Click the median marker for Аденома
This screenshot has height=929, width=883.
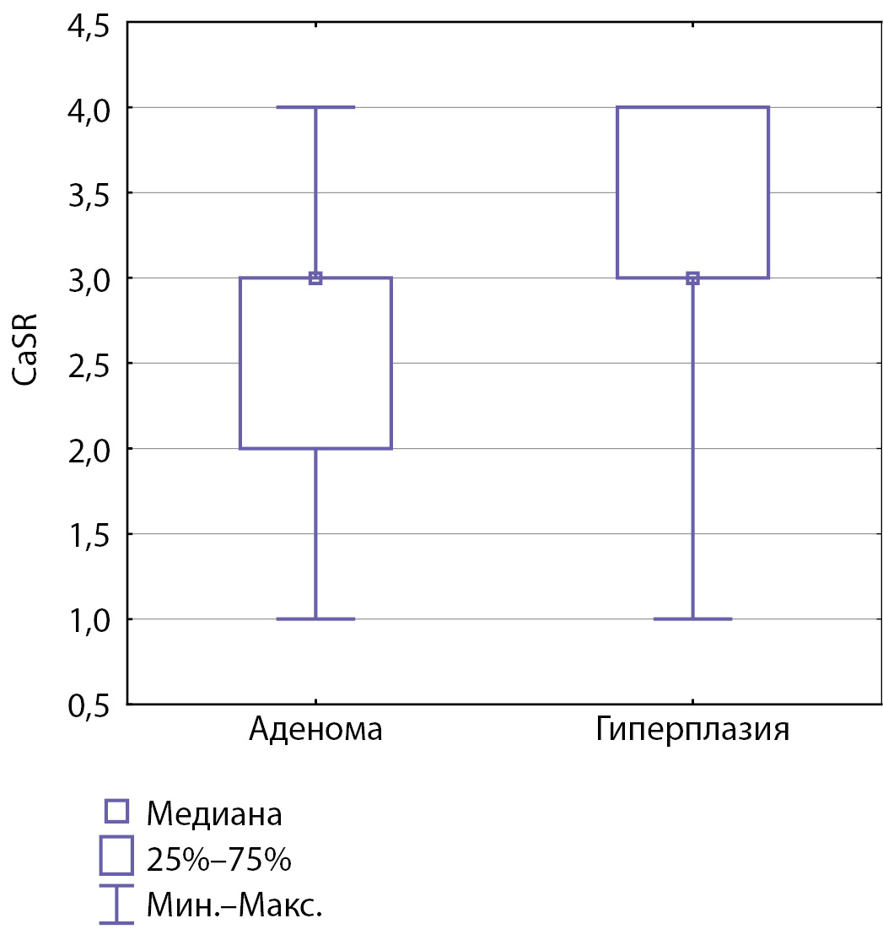315,278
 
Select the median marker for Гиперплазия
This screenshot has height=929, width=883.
692,278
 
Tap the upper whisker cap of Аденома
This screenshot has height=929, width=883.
315,107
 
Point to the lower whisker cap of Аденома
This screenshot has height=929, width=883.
315,618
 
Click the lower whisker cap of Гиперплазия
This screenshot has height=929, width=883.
692,618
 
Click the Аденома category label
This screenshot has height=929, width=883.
315,729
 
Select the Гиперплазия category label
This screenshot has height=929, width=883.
692,729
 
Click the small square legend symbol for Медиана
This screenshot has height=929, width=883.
116,812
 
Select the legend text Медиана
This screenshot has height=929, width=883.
214,814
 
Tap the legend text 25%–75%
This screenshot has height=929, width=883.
218,860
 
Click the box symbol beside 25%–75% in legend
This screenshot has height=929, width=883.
116,856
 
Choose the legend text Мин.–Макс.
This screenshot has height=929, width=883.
234,906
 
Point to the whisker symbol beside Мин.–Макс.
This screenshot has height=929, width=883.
116,905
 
